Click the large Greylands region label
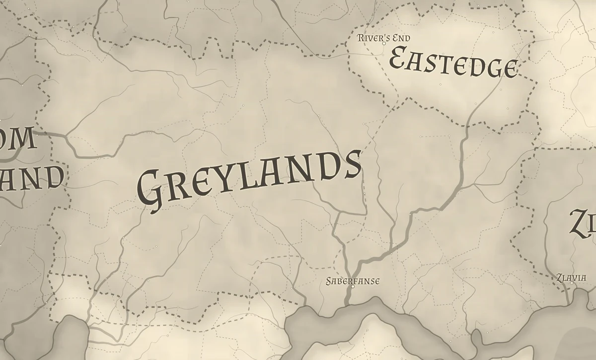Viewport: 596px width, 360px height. [x=248, y=179]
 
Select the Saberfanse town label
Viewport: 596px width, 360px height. [x=353, y=281]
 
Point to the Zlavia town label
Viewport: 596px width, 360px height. [x=571, y=278]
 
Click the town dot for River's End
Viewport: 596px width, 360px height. [x=384, y=44]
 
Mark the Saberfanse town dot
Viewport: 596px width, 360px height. [x=353, y=287]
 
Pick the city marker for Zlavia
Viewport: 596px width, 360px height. [x=571, y=283]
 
